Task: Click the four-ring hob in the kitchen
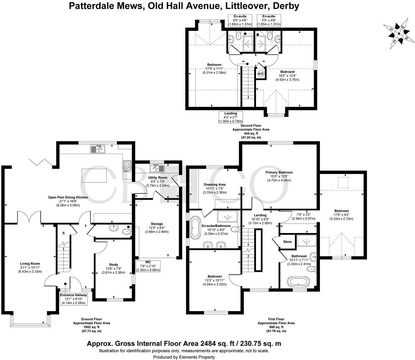[x=127, y=166]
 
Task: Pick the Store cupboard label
[x=287, y=242]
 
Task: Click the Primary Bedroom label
[x=279, y=172]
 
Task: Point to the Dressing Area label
[x=214, y=184]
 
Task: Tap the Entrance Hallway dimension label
[x=74, y=299]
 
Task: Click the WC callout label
[x=148, y=265]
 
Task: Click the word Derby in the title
[x=286, y=6]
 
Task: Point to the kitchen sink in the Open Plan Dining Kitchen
[x=98, y=149]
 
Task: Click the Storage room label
[x=157, y=224]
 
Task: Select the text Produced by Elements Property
[x=184, y=357]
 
